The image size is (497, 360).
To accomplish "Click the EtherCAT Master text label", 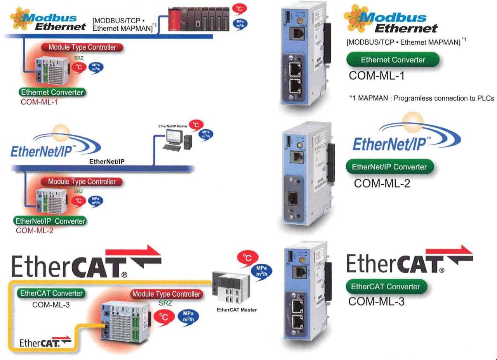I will (236, 310).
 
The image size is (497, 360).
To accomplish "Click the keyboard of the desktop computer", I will (172, 147).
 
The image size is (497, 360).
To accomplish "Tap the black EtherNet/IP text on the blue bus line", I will (107, 162).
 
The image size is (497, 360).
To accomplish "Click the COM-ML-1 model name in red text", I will (37, 102).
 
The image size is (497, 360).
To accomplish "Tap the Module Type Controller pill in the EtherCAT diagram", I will (167, 294).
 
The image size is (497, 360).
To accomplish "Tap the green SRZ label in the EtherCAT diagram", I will (166, 303).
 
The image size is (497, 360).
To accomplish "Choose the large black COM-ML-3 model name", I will (376, 301).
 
